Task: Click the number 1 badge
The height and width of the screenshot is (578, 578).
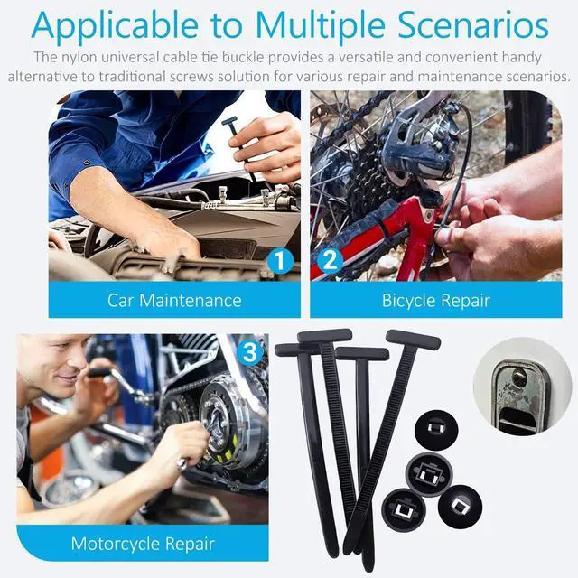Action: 281,262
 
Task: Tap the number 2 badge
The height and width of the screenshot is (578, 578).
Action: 330,262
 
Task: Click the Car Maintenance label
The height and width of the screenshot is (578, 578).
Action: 174,300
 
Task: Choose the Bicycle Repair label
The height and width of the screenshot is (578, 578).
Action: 435,300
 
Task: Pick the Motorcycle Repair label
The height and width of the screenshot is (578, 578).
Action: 143,544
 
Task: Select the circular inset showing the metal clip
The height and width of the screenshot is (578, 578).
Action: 522,387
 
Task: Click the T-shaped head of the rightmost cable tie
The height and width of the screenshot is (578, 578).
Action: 413,340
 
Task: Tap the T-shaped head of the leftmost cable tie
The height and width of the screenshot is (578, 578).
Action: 297,350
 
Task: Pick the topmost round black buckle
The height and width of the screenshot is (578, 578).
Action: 434,429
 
